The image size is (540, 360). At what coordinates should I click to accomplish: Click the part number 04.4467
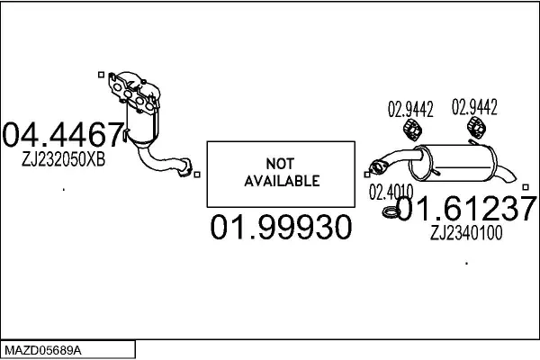63,136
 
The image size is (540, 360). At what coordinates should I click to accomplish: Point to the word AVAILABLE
282,181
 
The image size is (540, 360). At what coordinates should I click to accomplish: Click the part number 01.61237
466,210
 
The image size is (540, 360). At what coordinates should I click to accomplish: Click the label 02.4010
391,192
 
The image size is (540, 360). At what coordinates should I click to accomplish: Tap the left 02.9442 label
410,111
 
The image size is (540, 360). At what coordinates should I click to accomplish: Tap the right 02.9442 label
474,110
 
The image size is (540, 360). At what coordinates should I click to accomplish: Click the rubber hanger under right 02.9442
477,131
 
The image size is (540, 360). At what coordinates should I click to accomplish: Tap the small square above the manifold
101,75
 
